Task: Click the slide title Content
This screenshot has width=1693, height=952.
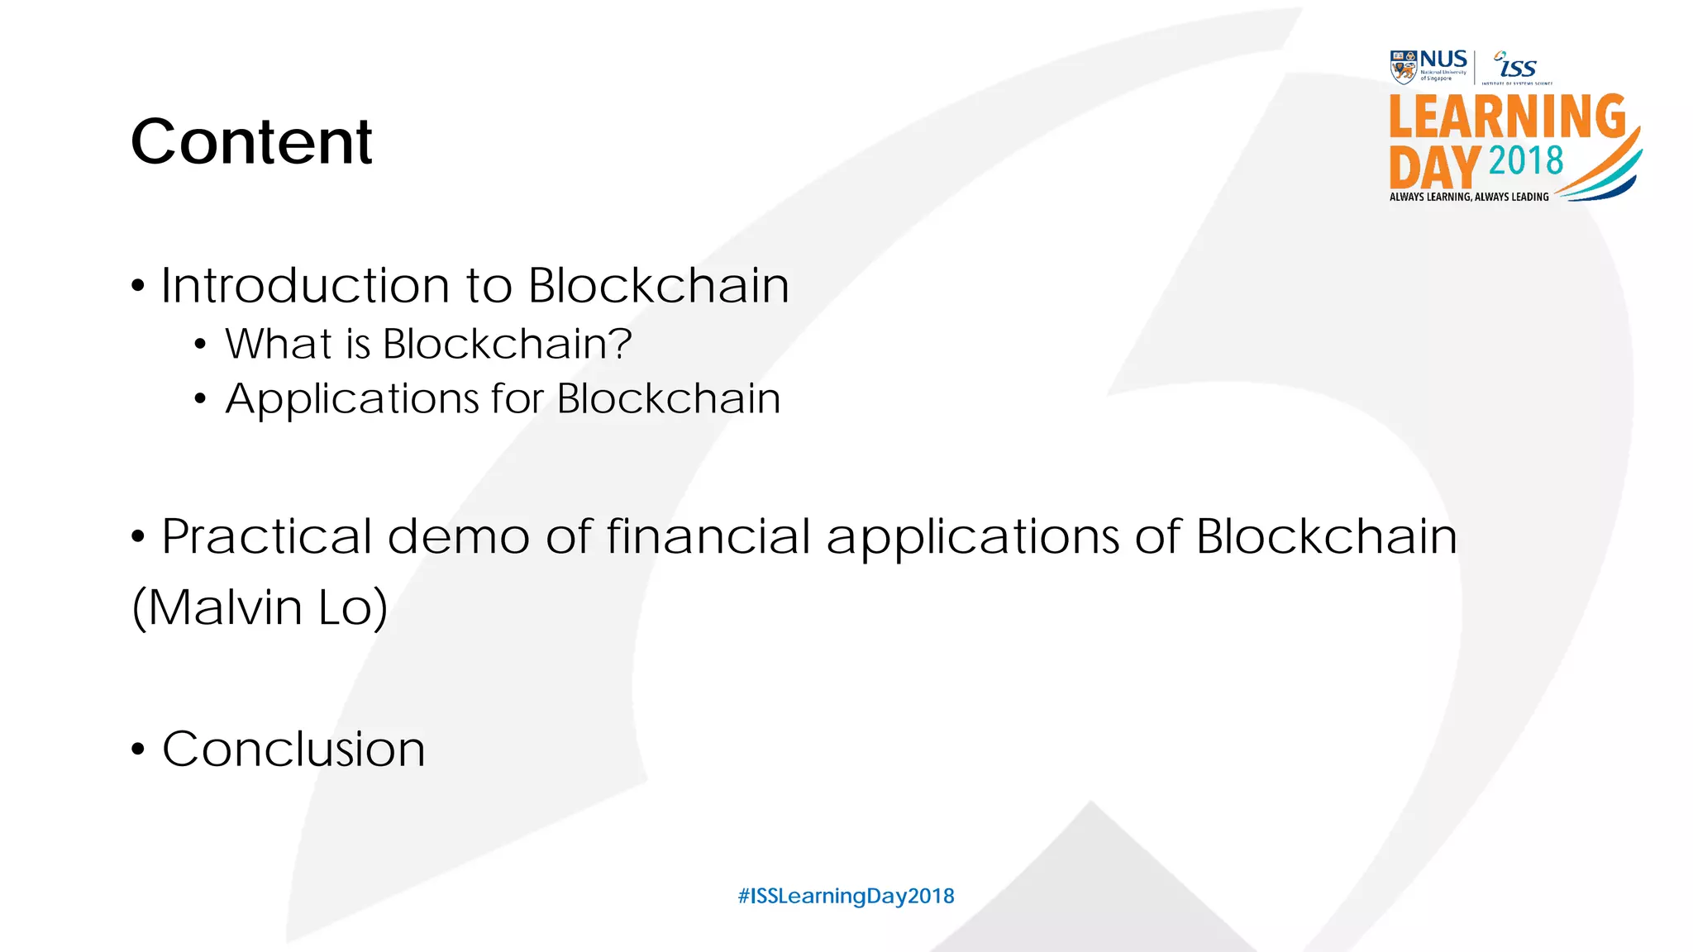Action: click(x=251, y=141)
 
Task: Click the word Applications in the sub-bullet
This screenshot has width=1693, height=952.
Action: click(x=351, y=399)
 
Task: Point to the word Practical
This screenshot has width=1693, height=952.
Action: click(x=266, y=536)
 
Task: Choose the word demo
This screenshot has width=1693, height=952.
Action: click(x=458, y=536)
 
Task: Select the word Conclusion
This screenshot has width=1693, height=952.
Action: click(x=293, y=750)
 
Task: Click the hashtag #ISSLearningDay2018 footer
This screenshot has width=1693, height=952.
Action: click(x=846, y=896)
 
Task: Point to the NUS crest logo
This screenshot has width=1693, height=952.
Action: click(x=1403, y=67)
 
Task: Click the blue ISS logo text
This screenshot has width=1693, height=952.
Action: click(x=1518, y=66)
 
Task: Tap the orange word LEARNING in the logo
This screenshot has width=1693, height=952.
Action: click(x=1507, y=117)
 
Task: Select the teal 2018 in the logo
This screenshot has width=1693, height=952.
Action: click(x=1526, y=160)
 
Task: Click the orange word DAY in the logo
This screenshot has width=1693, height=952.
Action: click(x=1434, y=167)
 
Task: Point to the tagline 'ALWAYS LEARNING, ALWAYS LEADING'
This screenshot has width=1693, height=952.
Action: click(x=1469, y=197)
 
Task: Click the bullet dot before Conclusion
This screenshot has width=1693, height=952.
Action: click(x=138, y=750)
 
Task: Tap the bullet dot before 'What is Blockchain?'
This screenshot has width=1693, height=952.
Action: click(x=200, y=345)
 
